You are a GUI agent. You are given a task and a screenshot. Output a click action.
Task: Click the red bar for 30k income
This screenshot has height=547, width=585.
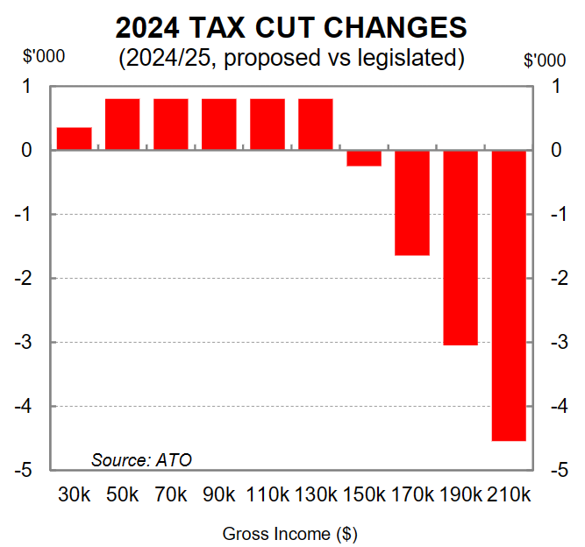coord(75,139)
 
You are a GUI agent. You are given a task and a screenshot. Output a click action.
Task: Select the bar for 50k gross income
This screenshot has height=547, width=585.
coord(123,124)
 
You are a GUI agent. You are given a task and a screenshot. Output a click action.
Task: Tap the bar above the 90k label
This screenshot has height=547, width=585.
coord(219,124)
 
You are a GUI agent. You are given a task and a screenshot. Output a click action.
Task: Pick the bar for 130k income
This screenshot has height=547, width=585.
coord(316,124)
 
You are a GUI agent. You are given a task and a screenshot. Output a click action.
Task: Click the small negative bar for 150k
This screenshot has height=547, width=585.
coord(364,158)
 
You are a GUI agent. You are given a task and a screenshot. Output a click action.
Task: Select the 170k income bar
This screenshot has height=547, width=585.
coord(412,202)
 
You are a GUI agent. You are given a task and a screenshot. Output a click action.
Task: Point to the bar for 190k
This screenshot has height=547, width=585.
coord(460,247)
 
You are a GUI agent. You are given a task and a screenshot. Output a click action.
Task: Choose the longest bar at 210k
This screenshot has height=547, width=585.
coord(509,295)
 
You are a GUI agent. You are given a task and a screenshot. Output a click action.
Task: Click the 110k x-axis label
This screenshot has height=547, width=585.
coord(268,494)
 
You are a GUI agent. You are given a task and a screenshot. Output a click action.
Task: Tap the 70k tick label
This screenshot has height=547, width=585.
coord(171,494)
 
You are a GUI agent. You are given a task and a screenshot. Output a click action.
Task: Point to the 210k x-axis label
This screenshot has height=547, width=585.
coord(509,494)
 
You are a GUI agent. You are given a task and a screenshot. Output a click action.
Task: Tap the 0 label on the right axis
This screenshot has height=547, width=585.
coord(558,151)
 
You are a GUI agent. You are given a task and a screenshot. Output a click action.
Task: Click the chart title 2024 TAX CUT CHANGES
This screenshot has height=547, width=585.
coord(291,28)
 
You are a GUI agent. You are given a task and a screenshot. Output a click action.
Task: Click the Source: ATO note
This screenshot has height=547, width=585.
coord(141,459)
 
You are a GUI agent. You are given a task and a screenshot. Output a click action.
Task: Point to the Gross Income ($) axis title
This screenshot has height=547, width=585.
coord(290,533)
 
